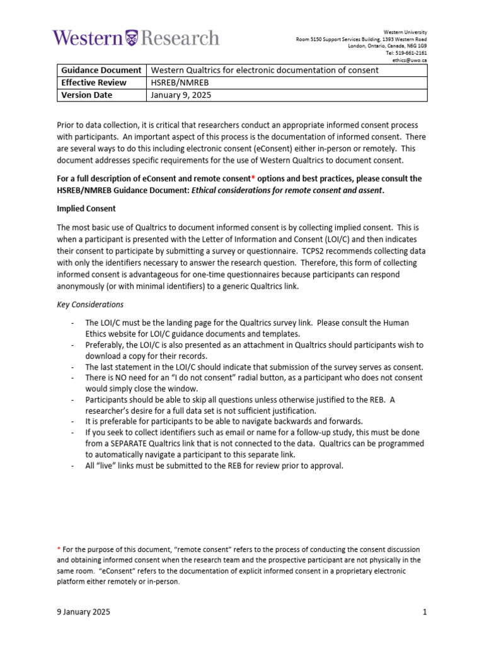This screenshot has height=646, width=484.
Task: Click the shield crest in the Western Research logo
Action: tap(131, 37)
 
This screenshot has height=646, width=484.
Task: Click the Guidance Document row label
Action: tap(101, 70)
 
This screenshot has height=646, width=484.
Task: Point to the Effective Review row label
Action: tap(94, 83)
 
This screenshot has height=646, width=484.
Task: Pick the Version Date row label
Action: tap(87, 95)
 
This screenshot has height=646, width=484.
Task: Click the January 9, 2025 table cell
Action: tap(181, 95)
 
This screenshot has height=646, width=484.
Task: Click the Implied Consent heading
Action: tap(86, 208)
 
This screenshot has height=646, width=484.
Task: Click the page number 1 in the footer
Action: tap(425, 612)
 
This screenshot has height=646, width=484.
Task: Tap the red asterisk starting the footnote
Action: tap(59, 549)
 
